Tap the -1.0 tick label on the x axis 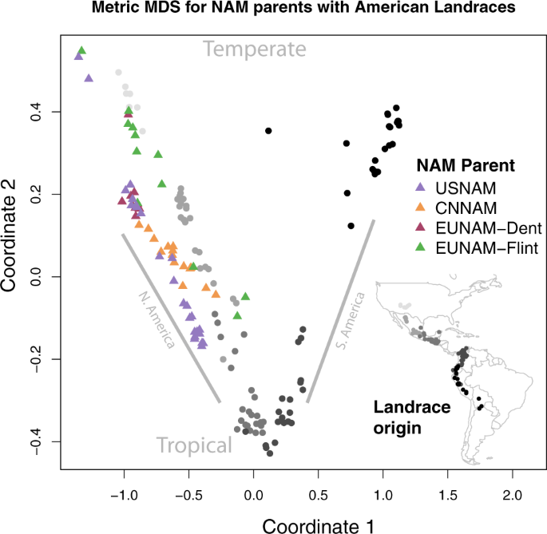[x=124, y=494]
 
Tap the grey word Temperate [x=255, y=49]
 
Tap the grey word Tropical [x=194, y=445]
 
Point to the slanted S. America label [x=351, y=319]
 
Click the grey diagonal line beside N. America [x=171, y=318]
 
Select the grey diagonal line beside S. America [x=341, y=311]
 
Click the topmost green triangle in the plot [x=81, y=51]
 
